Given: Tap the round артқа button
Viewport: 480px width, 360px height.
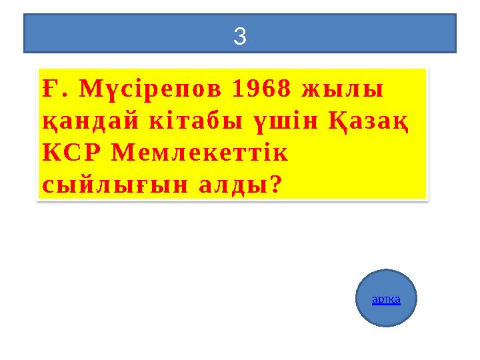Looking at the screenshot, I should (386, 298).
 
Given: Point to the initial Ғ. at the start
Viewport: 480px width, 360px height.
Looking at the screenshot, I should (52, 90).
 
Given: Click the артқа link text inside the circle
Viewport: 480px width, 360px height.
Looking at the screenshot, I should (386, 300).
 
